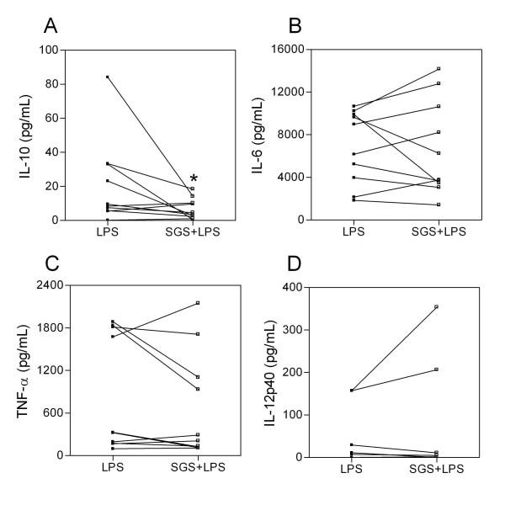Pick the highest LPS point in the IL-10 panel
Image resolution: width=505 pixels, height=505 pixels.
click(108, 77)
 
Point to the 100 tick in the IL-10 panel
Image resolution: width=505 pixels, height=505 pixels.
click(52, 50)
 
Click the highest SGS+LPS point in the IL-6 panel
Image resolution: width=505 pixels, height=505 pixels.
click(439, 68)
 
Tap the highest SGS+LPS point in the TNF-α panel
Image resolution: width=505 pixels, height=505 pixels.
click(197, 302)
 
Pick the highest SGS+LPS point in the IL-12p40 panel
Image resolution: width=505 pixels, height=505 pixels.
click(437, 306)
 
